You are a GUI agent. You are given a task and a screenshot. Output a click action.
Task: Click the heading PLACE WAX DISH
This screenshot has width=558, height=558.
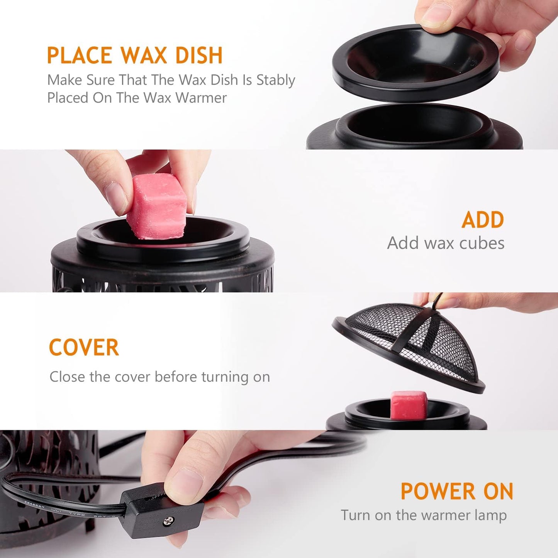click(x=135, y=55)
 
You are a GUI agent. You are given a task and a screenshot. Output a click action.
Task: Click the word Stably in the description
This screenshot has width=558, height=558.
click(x=276, y=80)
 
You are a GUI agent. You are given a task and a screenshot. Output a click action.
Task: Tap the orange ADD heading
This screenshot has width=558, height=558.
click(x=483, y=220)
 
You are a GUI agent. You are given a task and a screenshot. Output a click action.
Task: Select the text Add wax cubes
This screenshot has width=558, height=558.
click(x=446, y=243)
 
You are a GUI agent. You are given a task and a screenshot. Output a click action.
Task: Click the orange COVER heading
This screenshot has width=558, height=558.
click(x=84, y=348)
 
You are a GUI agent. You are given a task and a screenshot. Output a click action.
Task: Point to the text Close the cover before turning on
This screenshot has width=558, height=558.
click(x=159, y=377)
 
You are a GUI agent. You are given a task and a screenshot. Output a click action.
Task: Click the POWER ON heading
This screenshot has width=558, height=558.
click(x=457, y=492)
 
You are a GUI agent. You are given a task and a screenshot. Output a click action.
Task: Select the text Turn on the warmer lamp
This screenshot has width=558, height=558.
click(x=424, y=515)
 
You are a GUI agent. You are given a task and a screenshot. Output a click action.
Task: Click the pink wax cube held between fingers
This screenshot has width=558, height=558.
click(x=156, y=207)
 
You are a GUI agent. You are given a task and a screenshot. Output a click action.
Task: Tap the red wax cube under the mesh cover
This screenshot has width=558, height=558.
click(x=409, y=405)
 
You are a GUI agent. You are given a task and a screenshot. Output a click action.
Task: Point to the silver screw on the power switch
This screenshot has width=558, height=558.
click(x=168, y=521)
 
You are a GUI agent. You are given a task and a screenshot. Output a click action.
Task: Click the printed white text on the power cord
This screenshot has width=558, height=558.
click(x=58, y=510)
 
